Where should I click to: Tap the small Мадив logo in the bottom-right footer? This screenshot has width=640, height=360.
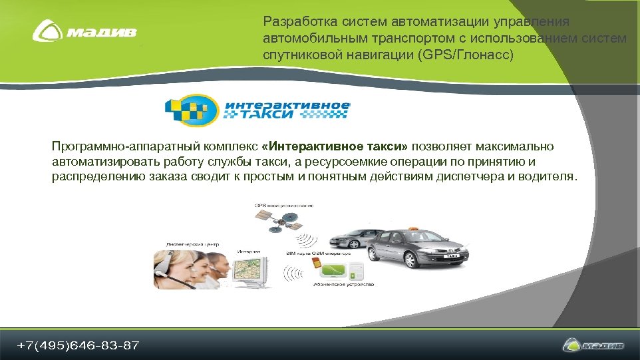[x=593, y=345]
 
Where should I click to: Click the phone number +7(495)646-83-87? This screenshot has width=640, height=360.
[x=79, y=345]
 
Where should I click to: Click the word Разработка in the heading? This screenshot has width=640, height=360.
[x=297, y=23]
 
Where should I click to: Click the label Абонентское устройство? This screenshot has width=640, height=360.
[x=343, y=285]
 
